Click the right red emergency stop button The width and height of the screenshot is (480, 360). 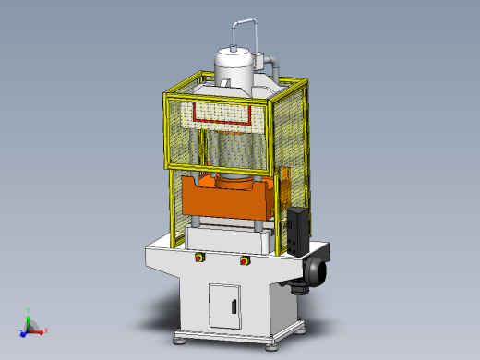[245, 261]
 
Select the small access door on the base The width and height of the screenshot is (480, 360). [225, 305]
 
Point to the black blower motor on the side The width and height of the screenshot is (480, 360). [317, 271]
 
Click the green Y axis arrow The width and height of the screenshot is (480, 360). [30, 314]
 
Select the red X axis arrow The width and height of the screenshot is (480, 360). [44, 330]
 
